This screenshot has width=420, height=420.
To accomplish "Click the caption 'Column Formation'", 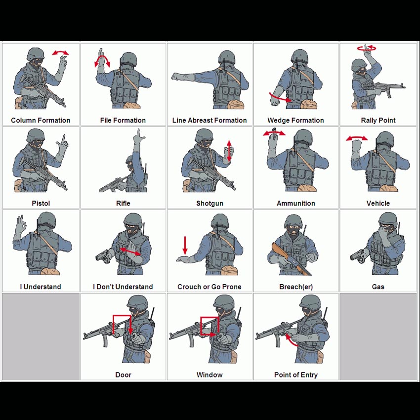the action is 41,120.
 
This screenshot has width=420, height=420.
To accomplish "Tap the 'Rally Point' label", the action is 378,120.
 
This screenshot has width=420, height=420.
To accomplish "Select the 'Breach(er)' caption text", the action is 295,287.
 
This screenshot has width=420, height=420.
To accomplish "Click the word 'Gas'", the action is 378,287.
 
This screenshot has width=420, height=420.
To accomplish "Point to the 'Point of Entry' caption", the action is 295,375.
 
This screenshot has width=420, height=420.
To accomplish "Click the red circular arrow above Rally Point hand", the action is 367,48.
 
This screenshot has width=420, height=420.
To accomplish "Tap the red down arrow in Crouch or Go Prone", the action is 185,246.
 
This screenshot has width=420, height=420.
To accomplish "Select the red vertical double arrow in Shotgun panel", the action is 229,151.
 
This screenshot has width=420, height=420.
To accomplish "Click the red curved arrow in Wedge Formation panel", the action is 280,98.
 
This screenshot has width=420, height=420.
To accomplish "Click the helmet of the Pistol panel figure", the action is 36,135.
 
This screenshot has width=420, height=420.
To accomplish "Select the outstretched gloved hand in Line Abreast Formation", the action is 179,77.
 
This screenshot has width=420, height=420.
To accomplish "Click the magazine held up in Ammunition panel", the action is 274,133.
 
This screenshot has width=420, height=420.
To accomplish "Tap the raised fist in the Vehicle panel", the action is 357,146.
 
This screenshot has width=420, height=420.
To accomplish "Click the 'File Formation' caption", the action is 123,120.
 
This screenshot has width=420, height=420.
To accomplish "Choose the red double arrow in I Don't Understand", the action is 130,252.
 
